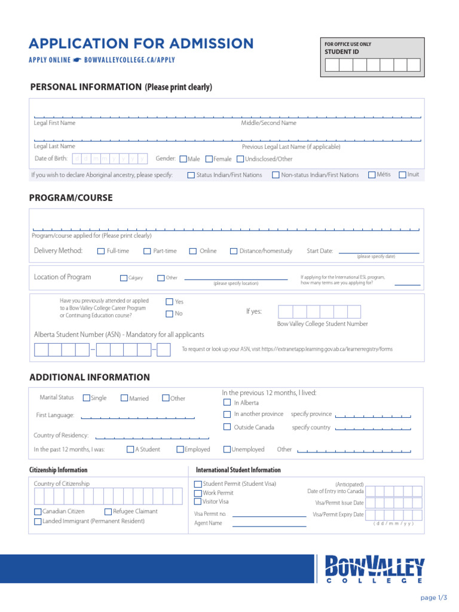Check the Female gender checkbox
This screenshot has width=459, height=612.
pos(209,159)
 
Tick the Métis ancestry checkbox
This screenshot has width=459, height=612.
pos(372,175)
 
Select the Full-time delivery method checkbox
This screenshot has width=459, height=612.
pos(101,251)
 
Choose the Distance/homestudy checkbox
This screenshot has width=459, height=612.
pos(234,251)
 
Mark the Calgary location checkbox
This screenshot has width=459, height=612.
pos(124,278)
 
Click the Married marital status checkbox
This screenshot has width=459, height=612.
pos(124,398)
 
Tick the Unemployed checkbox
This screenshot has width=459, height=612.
pos(227,449)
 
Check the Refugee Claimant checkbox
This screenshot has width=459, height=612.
pos(108,512)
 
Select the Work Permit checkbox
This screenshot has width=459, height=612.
pos(198,493)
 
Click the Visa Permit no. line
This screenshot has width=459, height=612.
pos(269,516)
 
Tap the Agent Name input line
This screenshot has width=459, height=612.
pos(269,525)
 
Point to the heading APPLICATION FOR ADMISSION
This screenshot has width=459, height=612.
pos(142,44)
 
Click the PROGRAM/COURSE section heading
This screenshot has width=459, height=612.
pos(71,198)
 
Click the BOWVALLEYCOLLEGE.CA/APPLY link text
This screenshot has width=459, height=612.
pos(130,60)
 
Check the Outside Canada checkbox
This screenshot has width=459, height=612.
pos(227,427)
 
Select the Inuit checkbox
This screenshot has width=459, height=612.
pos(402,175)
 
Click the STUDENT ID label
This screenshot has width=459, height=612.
pos(342,52)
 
